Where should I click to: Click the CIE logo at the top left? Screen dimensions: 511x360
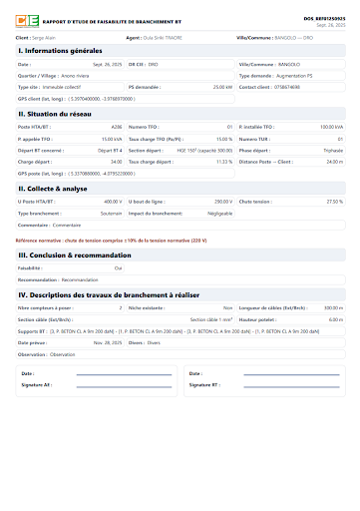26,21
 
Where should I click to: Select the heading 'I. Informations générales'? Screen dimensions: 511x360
62,50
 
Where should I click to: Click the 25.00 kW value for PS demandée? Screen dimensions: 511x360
221,87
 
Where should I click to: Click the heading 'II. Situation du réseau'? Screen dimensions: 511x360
58,114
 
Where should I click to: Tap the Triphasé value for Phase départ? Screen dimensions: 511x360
333,150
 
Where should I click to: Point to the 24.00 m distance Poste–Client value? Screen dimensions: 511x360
334,161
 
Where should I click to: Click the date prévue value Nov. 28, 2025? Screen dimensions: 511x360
107,341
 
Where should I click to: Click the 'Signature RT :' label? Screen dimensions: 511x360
203,384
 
